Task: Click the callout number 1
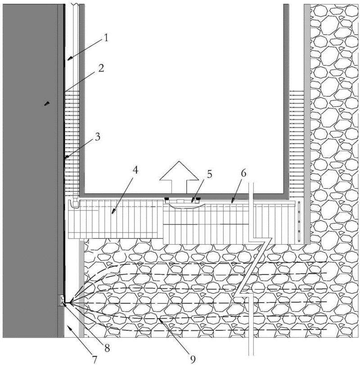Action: (106, 39)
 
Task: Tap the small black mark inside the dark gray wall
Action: (47, 104)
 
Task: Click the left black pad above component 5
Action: (167, 198)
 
